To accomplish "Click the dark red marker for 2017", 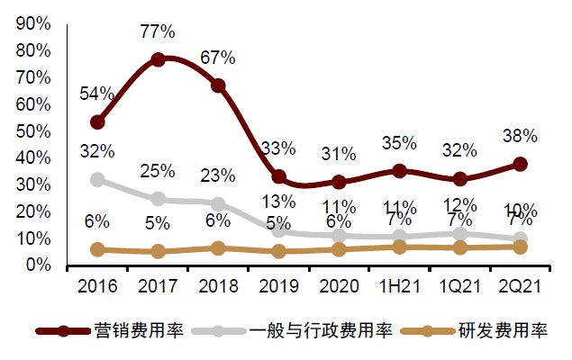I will pyautogui.click(x=158, y=59).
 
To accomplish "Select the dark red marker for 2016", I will pyautogui.click(x=97, y=121).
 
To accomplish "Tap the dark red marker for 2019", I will pyautogui.click(x=279, y=177).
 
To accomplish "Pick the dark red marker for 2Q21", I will pyautogui.click(x=521, y=164).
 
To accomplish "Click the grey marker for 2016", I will pyautogui.click(x=97, y=179).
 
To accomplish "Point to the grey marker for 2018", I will pyautogui.click(x=218, y=204).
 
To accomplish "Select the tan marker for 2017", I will pyautogui.click(x=158, y=252).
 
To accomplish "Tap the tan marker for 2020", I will pyautogui.click(x=340, y=249).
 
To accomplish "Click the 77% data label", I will pyautogui.click(x=158, y=32).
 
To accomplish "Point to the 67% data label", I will pyautogui.click(x=218, y=58).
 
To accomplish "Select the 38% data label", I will pyautogui.click(x=521, y=137).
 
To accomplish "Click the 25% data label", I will pyautogui.click(x=158, y=171).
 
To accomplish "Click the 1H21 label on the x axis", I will pyautogui.click(x=400, y=287).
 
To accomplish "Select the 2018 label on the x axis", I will pyautogui.click(x=218, y=287).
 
